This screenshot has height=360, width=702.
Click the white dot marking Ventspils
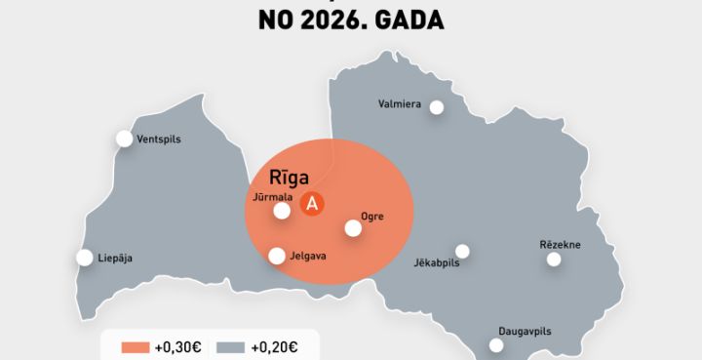tap(125, 139)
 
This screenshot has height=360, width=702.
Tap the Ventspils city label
tap(159, 140)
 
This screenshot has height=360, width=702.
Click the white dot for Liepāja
tap(85, 258)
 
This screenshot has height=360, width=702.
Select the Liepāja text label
tap(115, 259)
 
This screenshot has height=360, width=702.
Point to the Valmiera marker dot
tap(437, 107)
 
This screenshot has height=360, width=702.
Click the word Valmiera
tap(400, 103)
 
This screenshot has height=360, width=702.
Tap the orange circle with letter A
tap(312, 204)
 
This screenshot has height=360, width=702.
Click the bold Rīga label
tap(290, 178)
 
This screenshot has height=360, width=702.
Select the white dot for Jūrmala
tap(282, 210)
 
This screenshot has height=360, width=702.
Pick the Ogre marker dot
tap(353, 228)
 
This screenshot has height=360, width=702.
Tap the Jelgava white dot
tap(277, 256)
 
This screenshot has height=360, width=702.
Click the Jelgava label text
tap(308, 257)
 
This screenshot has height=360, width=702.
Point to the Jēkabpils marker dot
tap(462, 251)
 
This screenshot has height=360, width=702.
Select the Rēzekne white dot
tap(554, 259)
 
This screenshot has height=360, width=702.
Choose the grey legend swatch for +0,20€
tap(229, 346)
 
